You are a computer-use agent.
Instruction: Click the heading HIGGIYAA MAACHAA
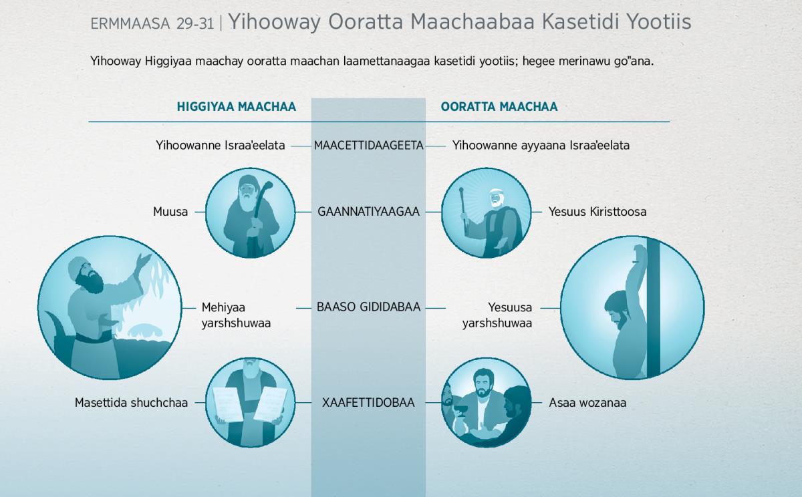pos(237,107)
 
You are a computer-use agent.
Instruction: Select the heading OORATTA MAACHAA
pos(499,107)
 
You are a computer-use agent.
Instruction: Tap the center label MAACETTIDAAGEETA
pos(369,145)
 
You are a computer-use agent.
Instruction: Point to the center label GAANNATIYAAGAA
pos(368,212)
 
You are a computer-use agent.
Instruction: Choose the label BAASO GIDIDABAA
pos(368,307)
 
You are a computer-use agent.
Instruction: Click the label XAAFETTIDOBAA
pos(368,403)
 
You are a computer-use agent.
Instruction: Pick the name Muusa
pos(170,212)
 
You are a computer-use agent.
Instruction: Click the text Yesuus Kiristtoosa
pos(597,212)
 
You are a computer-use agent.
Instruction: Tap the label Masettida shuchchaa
pos(131,403)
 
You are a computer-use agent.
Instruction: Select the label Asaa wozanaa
pos(587,403)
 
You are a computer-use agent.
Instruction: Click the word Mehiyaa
pos(223,307)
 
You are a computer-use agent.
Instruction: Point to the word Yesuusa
pos(510,307)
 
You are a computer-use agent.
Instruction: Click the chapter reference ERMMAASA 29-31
pos(152,23)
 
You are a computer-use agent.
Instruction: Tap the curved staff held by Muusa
pos(261,200)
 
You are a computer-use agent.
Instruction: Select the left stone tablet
pos(228,404)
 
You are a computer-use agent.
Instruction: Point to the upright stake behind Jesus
pos(653,307)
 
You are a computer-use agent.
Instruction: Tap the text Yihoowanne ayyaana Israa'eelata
pos(541,145)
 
